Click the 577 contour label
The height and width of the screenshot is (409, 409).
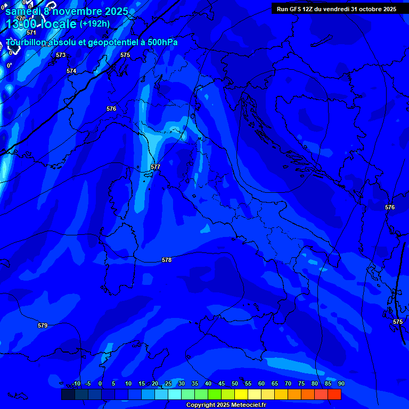[x=156, y=167]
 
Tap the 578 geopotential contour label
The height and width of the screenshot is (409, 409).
[x=167, y=260]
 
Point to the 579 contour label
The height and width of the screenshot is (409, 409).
[x=43, y=325]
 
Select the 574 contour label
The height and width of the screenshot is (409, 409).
[x=71, y=71]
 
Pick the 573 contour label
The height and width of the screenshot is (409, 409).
[x=61, y=55]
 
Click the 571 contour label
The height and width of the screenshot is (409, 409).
[x=31, y=32]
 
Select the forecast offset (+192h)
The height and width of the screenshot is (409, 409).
[x=95, y=23]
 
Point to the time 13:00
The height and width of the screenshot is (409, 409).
[x=22, y=24]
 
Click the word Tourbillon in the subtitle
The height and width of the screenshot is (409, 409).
[x=27, y=42]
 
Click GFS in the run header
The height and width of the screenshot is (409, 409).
[x=295, y=9]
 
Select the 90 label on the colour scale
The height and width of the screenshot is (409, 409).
[x=341, y=383]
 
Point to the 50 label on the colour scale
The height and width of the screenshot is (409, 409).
[x=235, y=383]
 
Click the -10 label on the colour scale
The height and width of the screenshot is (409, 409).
[x=76, y=383]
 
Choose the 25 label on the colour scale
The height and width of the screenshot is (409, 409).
[x=168, y=383]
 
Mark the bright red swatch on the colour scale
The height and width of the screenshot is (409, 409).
[x=334, y=394]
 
